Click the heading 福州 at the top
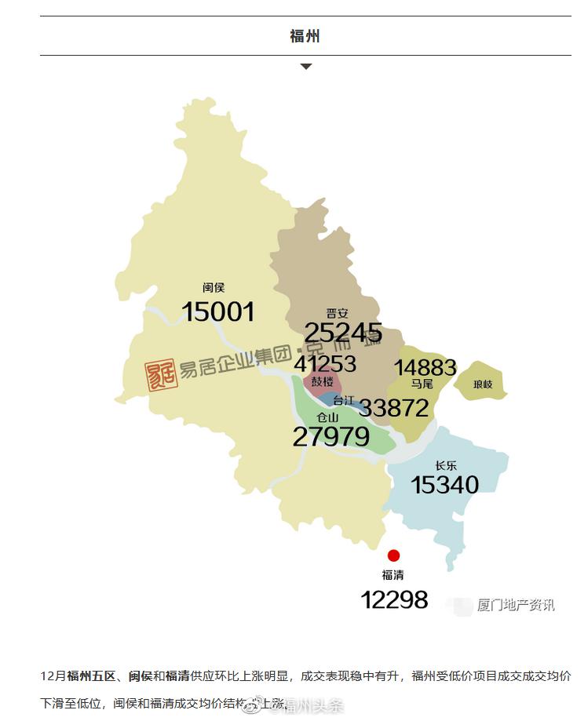[x=305, y=36]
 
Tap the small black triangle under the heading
[x=305, y=67]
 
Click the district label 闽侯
[x=214, y=288]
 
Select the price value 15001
[x=218, y=312]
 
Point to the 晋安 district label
[x=338, y=313]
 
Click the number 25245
[x=343, y=333]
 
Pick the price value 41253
[x=325, y=364]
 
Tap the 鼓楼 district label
[x=322, y=382]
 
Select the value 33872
[x=394, y=407]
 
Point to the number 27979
[x=331, y=437]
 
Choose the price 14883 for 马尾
[x=425, y=367]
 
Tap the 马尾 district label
[x=422, y=384]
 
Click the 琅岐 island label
[x=483, y=384]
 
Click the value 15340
[x=444, y=485]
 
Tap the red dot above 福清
[x=393, y=555]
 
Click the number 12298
[x=394, y=600]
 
